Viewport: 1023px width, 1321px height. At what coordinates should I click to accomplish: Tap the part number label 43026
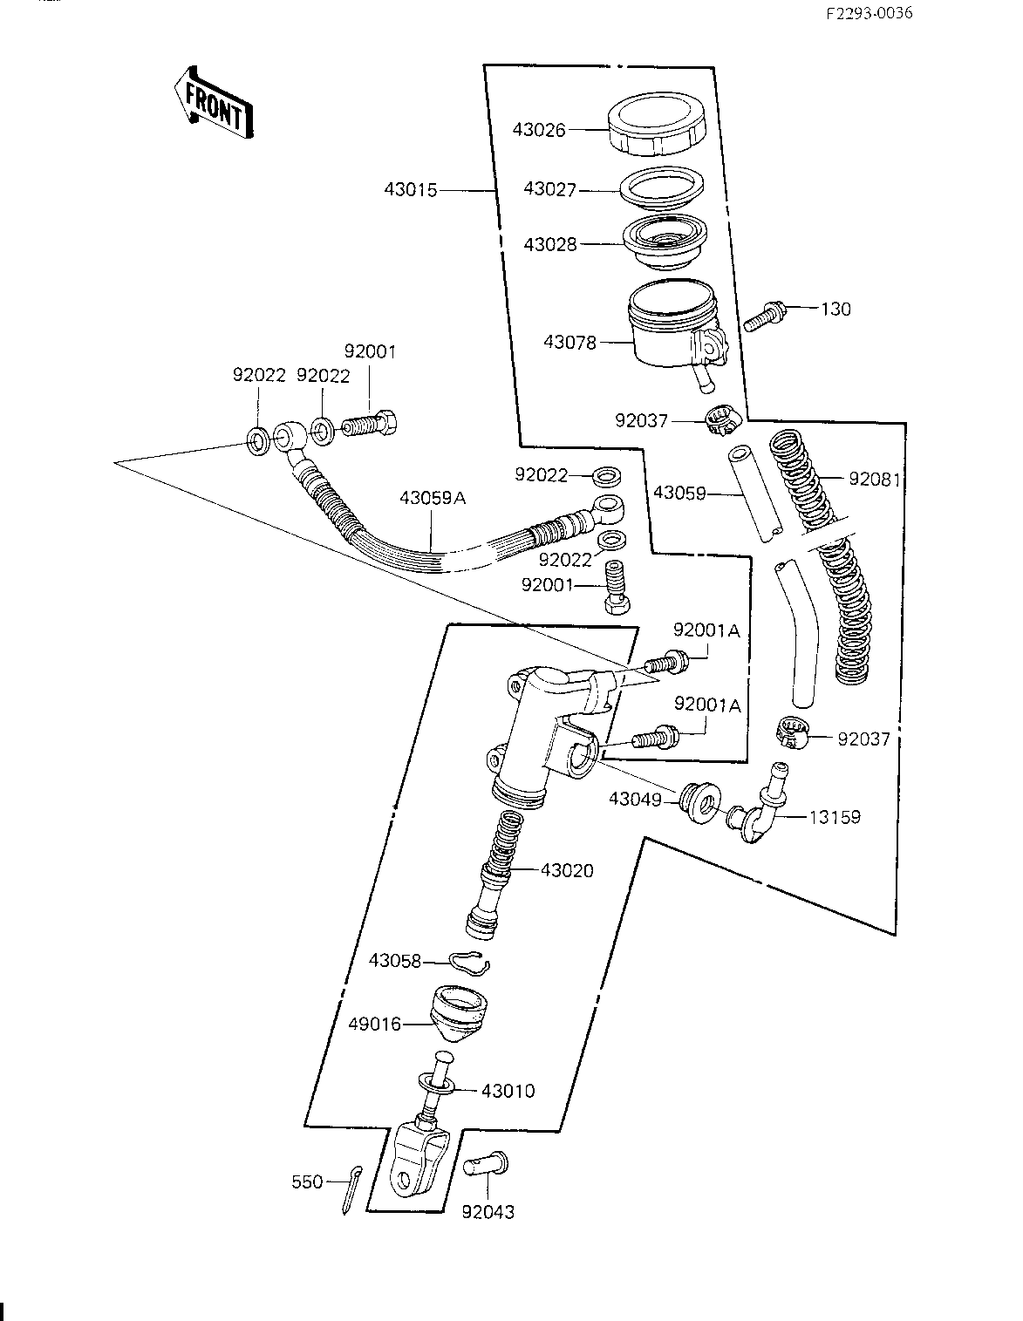click(538, 130)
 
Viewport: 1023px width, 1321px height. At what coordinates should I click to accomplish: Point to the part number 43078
click(569, 343)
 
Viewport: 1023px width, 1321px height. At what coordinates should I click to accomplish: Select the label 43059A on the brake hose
click(433, 499)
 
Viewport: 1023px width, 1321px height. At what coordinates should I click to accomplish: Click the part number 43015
click(410, 189)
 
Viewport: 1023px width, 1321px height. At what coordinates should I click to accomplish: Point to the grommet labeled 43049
click(699, 800)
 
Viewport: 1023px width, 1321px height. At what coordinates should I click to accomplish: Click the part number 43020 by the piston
click(567, 870)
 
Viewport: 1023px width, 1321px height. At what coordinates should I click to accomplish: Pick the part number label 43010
click(508, 1091)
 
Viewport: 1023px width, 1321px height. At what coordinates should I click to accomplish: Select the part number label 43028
click(550, 245)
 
